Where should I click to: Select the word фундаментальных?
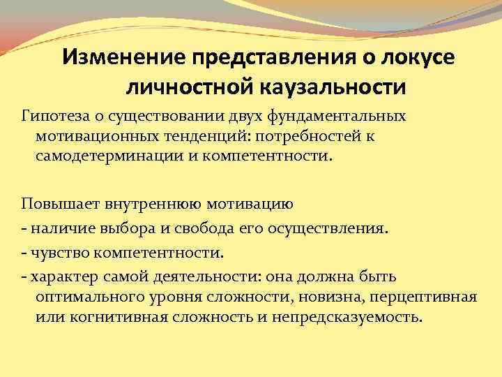click(x=347, y=114)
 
